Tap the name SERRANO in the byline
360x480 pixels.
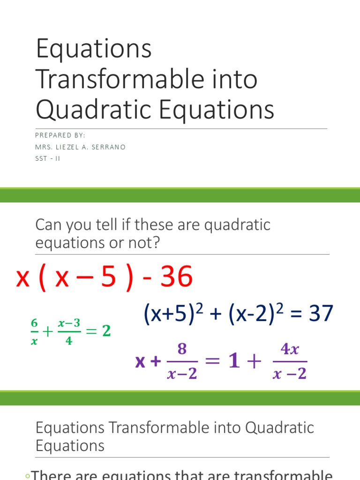coord(109,147)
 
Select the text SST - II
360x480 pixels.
coord(48,158)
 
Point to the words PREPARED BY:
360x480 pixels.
coord(60,135)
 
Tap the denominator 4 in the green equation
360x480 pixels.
coord(69,341)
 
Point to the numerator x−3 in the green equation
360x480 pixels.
coord(69,323)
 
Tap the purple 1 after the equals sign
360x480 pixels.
coord(231,362)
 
